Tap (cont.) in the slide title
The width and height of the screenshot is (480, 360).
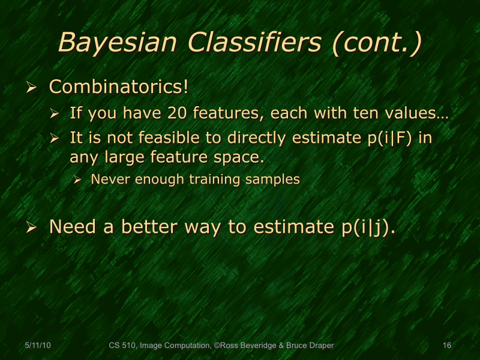(x=378, y=43)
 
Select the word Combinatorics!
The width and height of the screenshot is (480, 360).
(x=119, y=87)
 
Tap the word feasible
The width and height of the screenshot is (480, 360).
(x=164, y=138)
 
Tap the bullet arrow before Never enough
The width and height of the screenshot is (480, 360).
(x=78, y=180)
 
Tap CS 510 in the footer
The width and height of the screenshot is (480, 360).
(x=123, y=345)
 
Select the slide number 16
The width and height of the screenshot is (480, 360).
(x=446, y=345)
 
